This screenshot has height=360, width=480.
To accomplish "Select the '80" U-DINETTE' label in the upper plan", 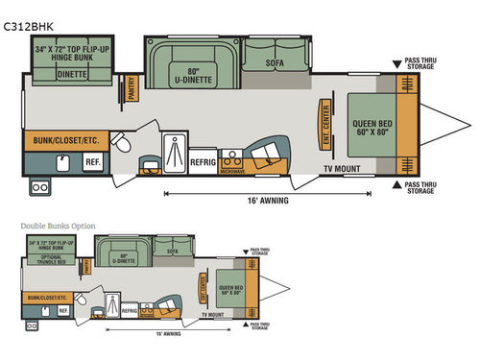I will pyautogui.click(x=195, y=73).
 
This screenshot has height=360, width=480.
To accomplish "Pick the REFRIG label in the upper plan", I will pyautogui.click(x=204, y=163).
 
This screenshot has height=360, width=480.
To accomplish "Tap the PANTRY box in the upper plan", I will pyautogui.click(x=132, y=89).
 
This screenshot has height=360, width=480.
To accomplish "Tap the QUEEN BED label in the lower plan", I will pyautogui.click(x=229, y=288).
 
